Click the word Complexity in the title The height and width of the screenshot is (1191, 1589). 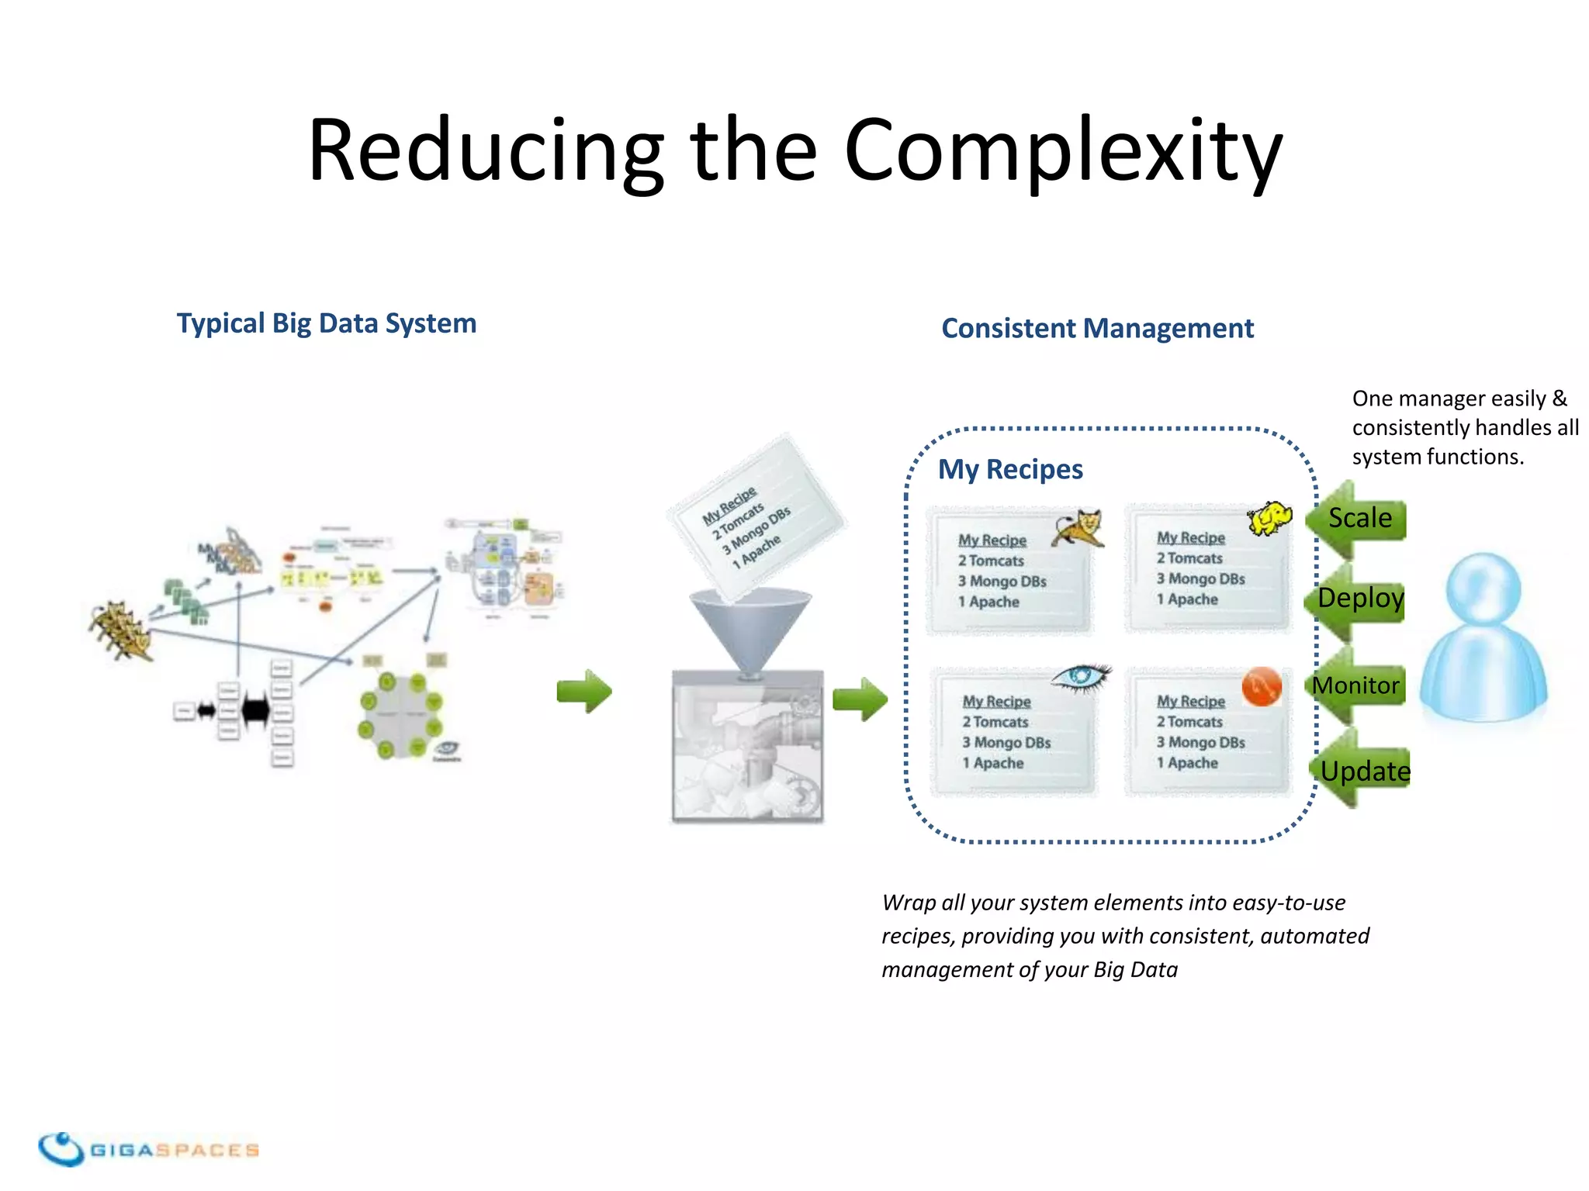[x=1063, y=151]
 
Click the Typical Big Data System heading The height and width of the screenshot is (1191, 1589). [x=326, y=323]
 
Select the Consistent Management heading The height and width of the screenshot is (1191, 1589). [x=1097, y=329]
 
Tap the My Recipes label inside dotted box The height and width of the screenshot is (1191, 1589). [x=1009, y=469]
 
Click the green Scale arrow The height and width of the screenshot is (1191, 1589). [x=1358, y=519]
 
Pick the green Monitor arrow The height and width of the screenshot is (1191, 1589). [x=1356, y=685]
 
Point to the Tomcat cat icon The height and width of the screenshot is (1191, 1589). [x=1079, y=528]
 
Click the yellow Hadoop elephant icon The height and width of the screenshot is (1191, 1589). [x=1269, y=518]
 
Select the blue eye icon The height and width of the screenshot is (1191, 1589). [x=1081, y=677]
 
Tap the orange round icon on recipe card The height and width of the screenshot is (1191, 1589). [x=1261, y=686]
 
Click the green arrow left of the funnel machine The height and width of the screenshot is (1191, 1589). [x=584, y=691]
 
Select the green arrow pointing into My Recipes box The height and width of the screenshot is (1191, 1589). [x=859, y=699]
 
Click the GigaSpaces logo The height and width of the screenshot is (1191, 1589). [x=147, y=1149]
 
